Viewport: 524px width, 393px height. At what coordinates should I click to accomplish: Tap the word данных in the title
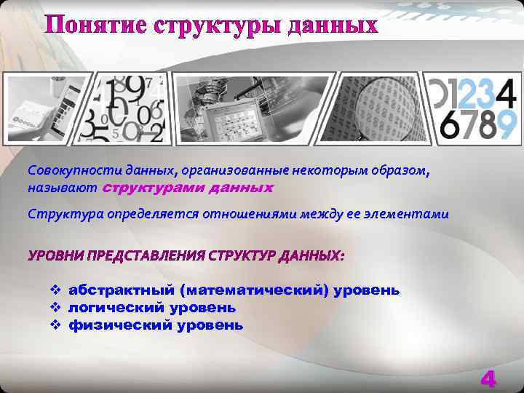coord(333,25)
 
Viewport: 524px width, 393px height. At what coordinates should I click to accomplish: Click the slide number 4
coord(488,378)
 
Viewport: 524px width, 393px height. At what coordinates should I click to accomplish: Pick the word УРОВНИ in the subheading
coord(55,255)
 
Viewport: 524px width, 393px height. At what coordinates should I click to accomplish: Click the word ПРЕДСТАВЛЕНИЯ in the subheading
coord(146,255)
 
